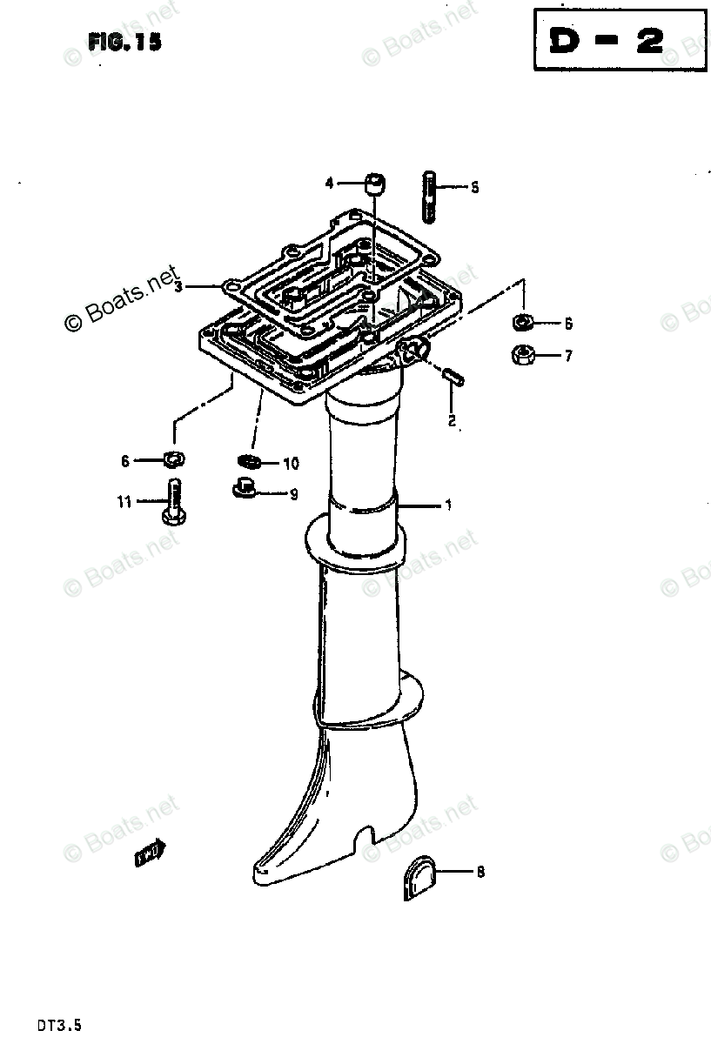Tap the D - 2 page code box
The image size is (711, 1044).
pos(620,42)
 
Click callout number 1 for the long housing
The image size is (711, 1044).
pos(448,505)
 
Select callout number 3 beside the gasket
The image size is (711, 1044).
pos(178,286)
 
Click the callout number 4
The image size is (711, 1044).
pos(330,183)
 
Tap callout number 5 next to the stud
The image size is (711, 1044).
pos(474,187)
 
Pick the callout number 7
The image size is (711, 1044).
pos(567,355)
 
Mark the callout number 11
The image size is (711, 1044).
pos(124,502)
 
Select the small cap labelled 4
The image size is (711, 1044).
pos(375,184)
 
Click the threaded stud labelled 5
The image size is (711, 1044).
pos(432,197)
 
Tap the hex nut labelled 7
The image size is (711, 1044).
pos(523,354)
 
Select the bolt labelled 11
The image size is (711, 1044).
pos(171,504)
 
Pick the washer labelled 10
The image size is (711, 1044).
pos(250,461)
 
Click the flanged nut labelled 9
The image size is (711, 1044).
pos(245,492)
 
